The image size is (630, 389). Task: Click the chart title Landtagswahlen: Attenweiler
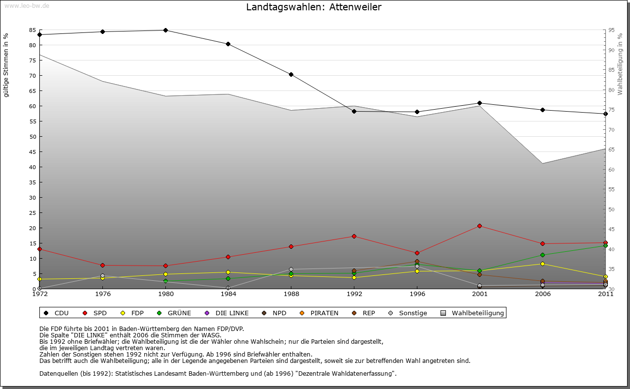pyautogui.click(x=314, y=7)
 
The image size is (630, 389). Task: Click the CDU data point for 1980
pyautogui.click(x=165, y=30)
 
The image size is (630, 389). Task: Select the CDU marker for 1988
pyautogui.click(x=291, y=74)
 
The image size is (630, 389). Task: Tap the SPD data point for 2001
pyautogui.click(x=480, y=226)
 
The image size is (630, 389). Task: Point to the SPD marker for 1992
pyautogui.click(x=354, y=236)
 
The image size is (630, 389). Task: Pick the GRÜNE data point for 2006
pyautogui.click(x=543, y=255)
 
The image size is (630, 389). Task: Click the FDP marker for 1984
pyautogui.click(x=228, y=272)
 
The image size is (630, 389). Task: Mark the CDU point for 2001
pyautogui.click(x=480, y=103)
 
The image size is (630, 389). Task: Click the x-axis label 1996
pyautogui.click(x=417, y=294)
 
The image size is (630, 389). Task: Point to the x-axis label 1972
pyautogui.click(x=39, y=294)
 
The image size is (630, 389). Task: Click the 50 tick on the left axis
pyautogui.click(x=32, y=136)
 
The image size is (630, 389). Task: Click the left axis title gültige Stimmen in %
pyautogui.click(x=6, y=65)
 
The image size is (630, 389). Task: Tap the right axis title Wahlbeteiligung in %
pyautogui.click(x=620, y=64)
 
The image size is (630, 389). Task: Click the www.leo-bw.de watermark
pyautogui.click(x=27, y=5)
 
